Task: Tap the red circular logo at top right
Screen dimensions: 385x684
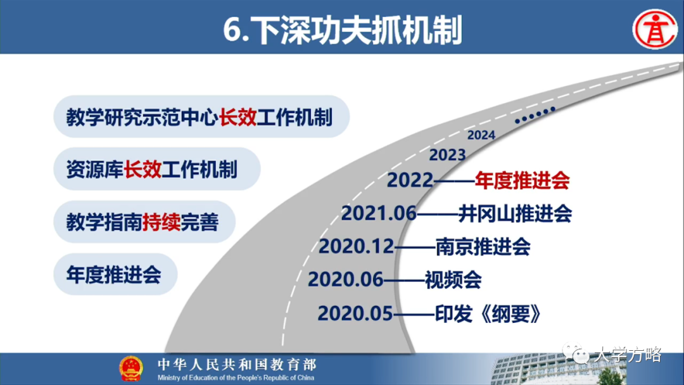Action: (x=656, y=29)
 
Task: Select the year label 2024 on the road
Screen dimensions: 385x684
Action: (x=481, y=135)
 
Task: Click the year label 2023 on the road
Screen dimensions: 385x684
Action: (x=447, y=155)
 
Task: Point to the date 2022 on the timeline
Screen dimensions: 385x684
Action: (x=410, y=181)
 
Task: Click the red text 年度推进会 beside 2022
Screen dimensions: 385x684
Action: (x=522, y=181)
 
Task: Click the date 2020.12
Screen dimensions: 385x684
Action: (x=356, y=246)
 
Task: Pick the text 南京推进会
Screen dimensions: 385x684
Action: (x=483, y=246)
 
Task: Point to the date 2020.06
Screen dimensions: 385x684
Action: (x=345, y=279)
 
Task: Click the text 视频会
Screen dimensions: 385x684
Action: (x=453, y=279)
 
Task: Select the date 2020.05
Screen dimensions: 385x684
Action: (x=355, y=313)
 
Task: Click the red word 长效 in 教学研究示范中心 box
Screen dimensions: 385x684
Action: (x=237, y=117)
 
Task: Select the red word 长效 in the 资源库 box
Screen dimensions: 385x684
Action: (x=142, y=170)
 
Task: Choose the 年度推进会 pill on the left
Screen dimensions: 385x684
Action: (x=114, y=275)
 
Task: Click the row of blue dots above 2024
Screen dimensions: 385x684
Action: (x=535, y=115)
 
